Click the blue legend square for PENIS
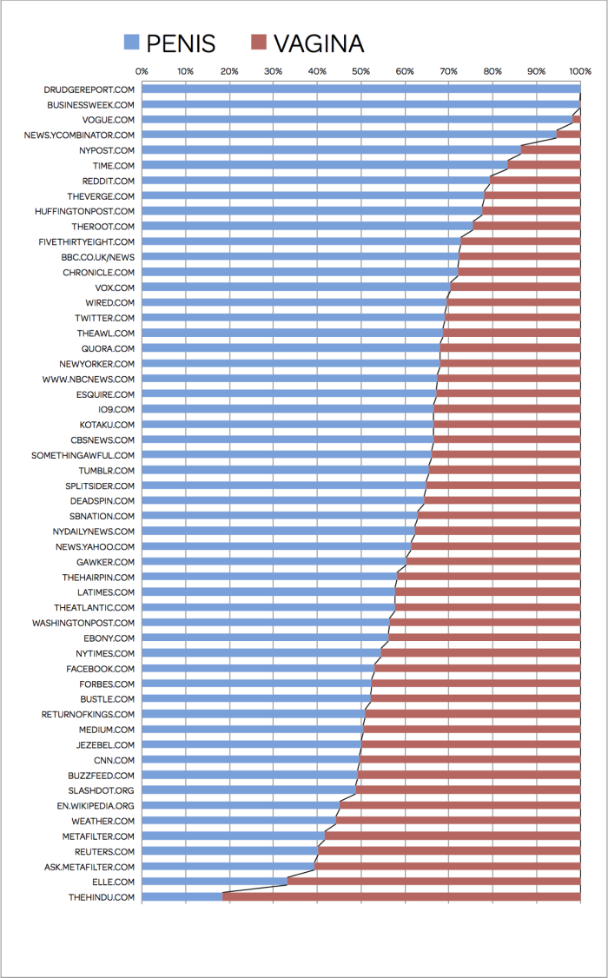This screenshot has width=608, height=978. pyautogui.click(x=131, y=42)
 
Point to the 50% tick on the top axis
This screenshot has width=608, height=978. pyautogui.click(x=360, y=71)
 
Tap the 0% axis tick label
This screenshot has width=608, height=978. pyautogui.click(x=142, y=71)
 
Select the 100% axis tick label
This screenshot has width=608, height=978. pyautogui.click(x=579, y=71)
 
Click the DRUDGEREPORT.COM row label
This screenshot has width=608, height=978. pyautogui.click(x=89, y=89)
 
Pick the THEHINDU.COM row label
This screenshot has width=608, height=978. pyautogui.click(x=102, y=897)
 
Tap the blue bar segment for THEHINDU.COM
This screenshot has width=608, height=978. pyautogui.click(x=182, y=897)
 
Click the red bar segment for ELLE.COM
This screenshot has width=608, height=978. pyautogui.click(x=433, y=882)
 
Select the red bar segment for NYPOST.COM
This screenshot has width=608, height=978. pyautogui.click(x=550, y=150)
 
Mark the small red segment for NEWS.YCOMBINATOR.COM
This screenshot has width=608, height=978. pyautogui.click(x=568, y=135)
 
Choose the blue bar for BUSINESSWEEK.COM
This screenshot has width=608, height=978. pyautogui.click(x=360, y=104)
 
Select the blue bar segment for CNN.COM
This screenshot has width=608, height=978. pyautogui.click(x=250, y=760)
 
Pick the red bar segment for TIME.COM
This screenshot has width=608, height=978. pyautogui.click(x=544, y=165)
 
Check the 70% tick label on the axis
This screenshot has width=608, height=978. pyautogui.click(x=448, y=71)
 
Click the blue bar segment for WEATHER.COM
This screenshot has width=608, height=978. pyautogui.click(x=239, y=821)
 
